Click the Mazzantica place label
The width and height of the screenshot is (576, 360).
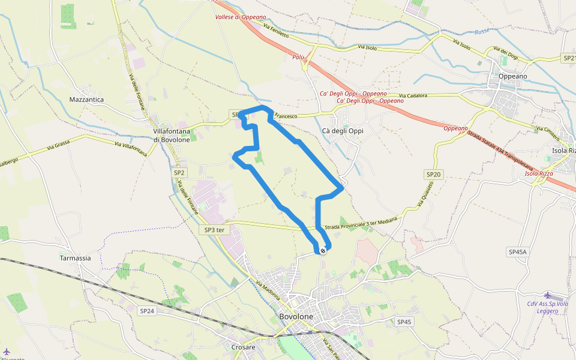(x=86, y=100)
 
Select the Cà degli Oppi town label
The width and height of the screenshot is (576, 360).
(x=343, y=131)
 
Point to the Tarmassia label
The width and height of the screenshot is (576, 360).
(x=75, y=258)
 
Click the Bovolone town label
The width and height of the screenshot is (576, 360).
(x=296, y=316)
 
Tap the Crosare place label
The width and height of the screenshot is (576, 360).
(x=243, y=347)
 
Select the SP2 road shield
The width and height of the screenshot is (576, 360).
(x=180, y=173)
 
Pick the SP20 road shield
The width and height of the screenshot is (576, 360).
(x=433, y=175)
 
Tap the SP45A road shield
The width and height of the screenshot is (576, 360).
(x=516, y=252)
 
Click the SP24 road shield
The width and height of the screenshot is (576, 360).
(x=147, y=311)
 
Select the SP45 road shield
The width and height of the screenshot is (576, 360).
(x=404, y=322)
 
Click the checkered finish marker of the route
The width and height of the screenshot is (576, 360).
(x=323, y=250)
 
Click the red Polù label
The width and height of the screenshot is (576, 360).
(x=298, y=58)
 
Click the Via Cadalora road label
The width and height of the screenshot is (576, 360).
(x=412, y=96)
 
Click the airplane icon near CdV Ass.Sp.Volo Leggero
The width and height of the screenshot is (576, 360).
(x=547, y=295)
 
